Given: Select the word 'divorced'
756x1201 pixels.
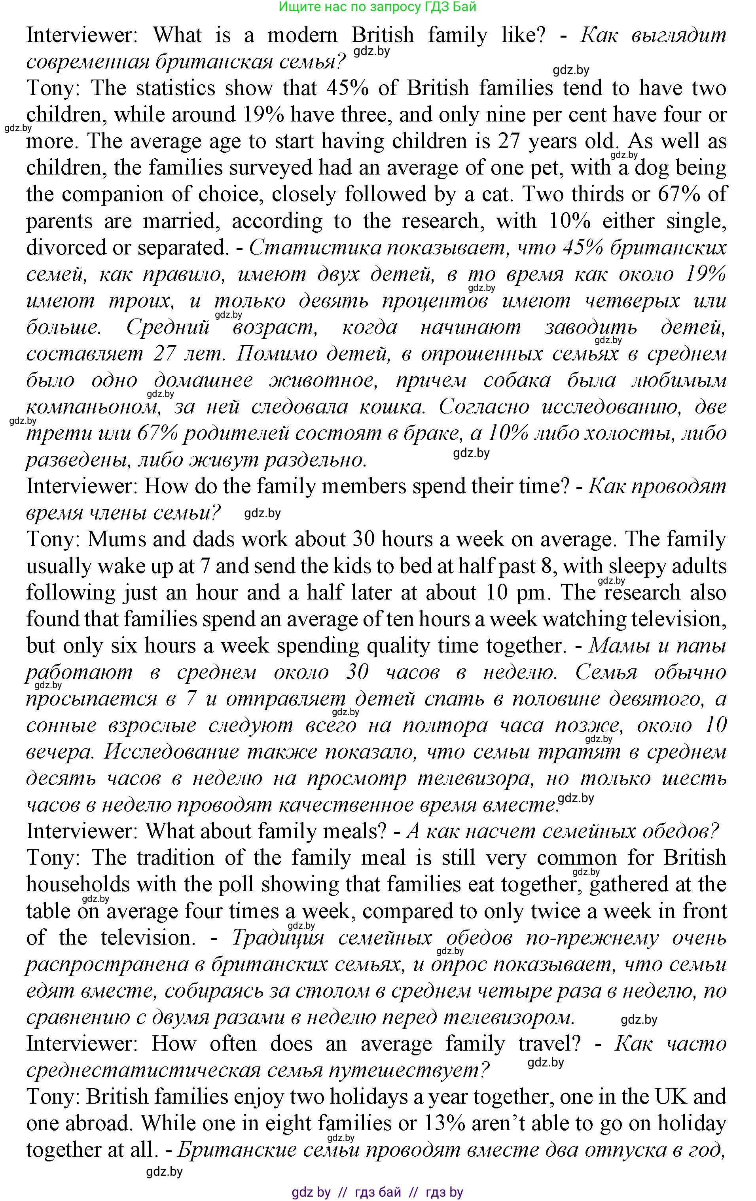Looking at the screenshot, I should (x=65, y=247).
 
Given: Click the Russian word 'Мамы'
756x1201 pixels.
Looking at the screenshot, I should (x=620, y=646).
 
